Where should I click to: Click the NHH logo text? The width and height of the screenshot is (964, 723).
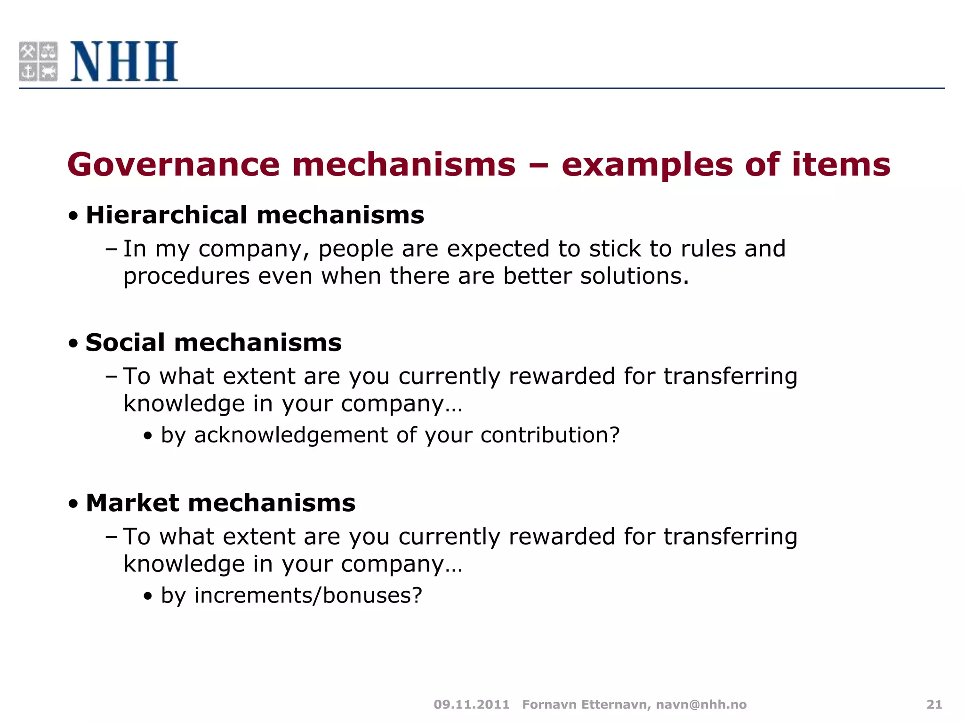(124, 61)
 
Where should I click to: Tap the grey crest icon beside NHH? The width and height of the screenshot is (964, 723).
(38, 61)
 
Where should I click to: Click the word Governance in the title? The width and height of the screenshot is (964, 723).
(173, 165)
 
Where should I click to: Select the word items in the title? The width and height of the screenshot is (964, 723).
(841, 165)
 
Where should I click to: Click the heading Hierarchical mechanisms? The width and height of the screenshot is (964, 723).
(255, 215)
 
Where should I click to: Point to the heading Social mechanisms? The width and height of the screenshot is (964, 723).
(213, 342)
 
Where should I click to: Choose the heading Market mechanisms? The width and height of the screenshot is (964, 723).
(220, 503)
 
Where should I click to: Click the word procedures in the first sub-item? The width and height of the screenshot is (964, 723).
(186, 276)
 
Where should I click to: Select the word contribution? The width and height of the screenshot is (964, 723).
(550, 435)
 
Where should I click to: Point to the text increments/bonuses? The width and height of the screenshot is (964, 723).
(308, 595)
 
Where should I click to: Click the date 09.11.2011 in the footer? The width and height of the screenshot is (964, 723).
(472, 705)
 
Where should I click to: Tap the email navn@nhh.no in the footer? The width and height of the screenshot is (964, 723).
(701, 705)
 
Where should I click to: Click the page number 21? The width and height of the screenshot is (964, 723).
(934, 705)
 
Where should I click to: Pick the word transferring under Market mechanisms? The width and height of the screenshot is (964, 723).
(730, 537)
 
